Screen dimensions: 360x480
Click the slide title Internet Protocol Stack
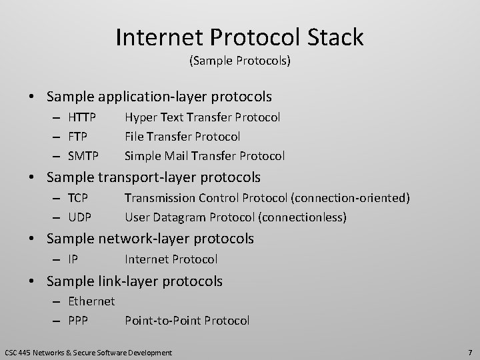(x=239, y=37)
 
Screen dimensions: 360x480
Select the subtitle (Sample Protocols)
(x=239, y=61)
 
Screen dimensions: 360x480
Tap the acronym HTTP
(x=82, y=117)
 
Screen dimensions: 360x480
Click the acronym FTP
(x=79, y=137)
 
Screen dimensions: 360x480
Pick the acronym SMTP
(x=83, y=156)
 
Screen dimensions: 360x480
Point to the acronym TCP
(x=79, y=198)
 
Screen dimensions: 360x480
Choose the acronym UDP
(x=79, y=217)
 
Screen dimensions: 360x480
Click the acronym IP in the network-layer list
(x=73, y=259)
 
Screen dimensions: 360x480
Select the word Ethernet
(x=91, y=301)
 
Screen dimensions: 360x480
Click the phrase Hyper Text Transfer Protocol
(x=203, y=117)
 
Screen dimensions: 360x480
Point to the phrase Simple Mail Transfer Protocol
(x=205, y=156)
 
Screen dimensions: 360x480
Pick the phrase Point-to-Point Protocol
(x=187, y=321)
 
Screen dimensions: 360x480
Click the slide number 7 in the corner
(x=469, y=351)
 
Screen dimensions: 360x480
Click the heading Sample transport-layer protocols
(x=153, y=177)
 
